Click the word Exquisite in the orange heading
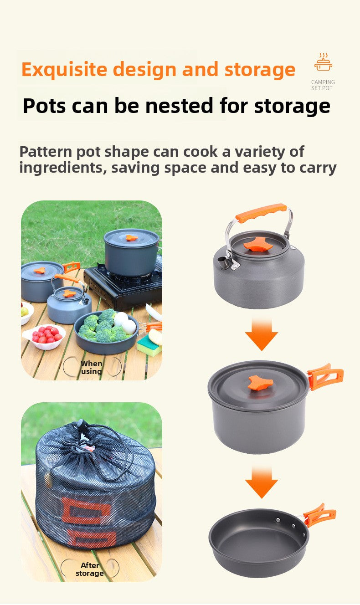[x=64, y=70]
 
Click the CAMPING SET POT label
[x=323, y=85]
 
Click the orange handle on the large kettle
[x=261, y=213]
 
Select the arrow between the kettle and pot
[x=262, y=334]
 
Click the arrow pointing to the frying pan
[x=262, y=482]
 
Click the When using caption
[x=92, y=367]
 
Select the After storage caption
[x=90, y=569]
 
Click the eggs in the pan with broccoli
[x=125, y=323]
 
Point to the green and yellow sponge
[x=149, y=343]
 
